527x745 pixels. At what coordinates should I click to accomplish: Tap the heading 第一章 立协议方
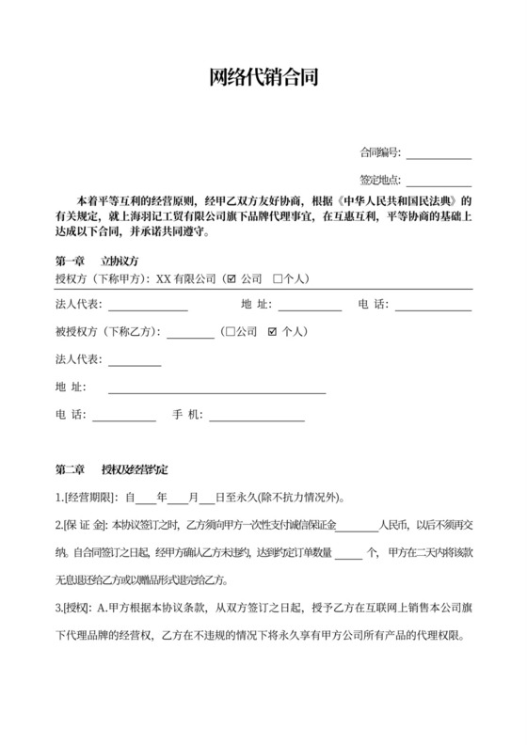pos(98,261)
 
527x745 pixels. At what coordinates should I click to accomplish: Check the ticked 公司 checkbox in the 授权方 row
pos(232,279)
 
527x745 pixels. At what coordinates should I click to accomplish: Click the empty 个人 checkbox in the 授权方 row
pos(278,279)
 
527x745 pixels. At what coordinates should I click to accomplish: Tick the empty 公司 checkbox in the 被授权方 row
pos(231,332)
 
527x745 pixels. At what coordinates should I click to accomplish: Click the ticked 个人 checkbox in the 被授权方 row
pos(273,332)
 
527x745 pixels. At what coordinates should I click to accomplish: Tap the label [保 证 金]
pos(86,525)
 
